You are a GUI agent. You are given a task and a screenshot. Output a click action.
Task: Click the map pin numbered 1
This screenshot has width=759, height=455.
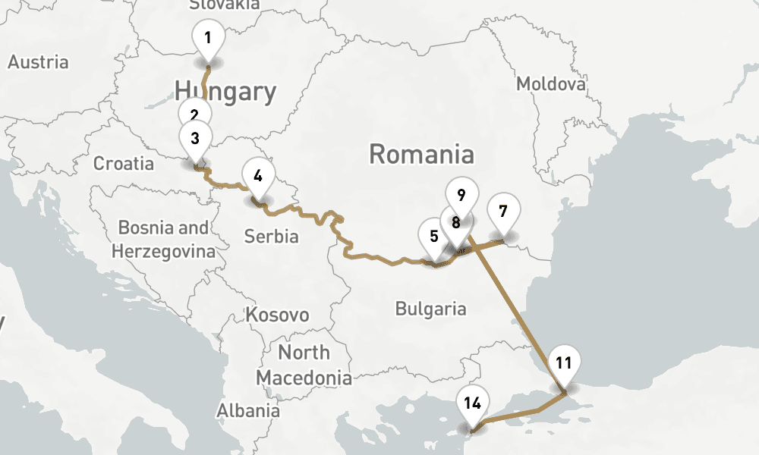pos(208,36)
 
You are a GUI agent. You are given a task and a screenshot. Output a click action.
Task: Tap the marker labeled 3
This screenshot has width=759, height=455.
pos(195,138)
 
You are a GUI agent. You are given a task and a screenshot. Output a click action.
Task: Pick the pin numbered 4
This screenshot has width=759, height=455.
pos(258,176)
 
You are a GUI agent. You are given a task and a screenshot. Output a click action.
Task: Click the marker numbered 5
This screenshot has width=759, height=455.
pos(433,236)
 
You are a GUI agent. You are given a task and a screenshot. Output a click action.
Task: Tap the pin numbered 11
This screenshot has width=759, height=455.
pos(563,362)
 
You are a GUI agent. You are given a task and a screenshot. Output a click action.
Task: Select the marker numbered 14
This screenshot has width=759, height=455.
pos(472,403)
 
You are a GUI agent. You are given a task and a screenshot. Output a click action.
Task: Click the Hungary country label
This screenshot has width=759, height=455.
pos(225,92)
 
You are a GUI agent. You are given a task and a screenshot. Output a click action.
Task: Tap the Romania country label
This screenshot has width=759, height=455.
pos(421,155)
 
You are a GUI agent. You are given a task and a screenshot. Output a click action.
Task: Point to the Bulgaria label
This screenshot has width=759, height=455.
pos(430,309)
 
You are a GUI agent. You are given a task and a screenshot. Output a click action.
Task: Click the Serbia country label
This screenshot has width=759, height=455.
pos(271,237)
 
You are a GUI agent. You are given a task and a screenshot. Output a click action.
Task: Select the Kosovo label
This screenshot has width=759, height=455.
pos(277,315)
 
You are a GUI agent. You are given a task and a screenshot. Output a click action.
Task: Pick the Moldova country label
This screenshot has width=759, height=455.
pos(551,83)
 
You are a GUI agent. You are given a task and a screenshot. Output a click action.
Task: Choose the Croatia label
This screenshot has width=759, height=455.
pos(123,163)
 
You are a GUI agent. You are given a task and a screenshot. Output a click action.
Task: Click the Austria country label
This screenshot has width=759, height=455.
pos(38,62)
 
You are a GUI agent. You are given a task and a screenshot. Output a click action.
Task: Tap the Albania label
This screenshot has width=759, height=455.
pos(248,411)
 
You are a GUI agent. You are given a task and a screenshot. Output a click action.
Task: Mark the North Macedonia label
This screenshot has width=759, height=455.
pos(304,365)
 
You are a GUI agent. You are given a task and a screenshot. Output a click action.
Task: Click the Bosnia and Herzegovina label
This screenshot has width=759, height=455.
pos(163,239)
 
